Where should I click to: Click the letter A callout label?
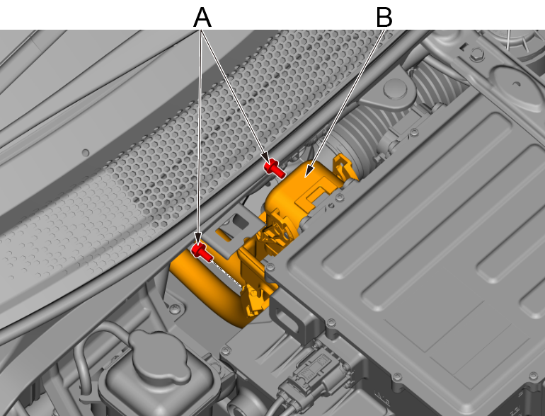point(202,18)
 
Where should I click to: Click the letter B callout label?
point(384,18)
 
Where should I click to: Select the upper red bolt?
point(274,168)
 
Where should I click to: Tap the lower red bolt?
point(202,252)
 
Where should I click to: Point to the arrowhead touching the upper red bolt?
point(264,157)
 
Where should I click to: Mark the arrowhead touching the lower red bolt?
point(198,239)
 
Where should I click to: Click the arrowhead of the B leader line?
point(309,171)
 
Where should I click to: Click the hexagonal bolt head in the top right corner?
point(476,53)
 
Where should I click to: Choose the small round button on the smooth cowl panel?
point(85,153)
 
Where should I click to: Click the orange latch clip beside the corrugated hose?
point(345,168)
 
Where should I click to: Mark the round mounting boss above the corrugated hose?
point(395,89)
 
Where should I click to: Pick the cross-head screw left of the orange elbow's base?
point(175,308)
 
